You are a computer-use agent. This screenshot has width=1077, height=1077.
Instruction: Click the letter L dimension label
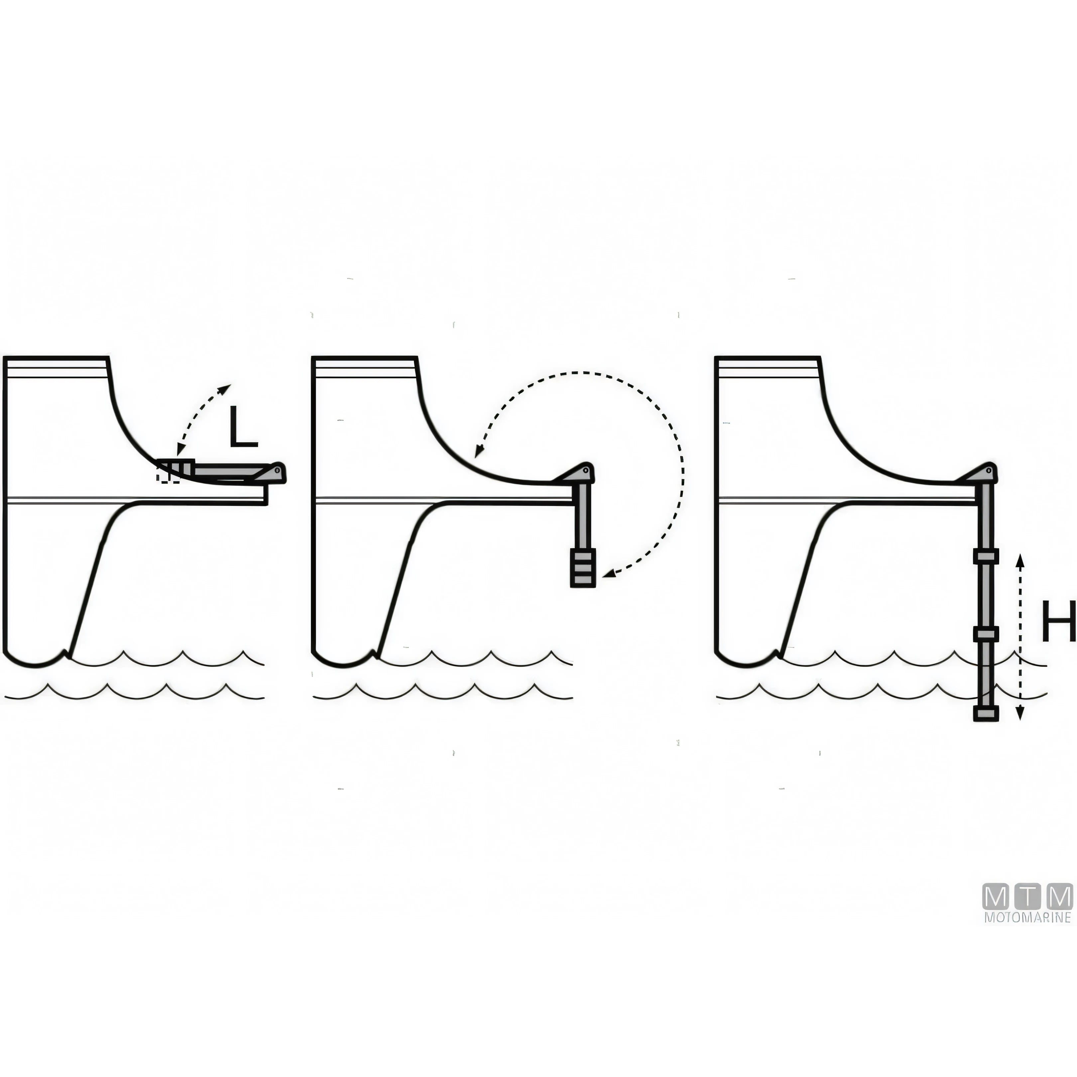click(243, 426)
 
